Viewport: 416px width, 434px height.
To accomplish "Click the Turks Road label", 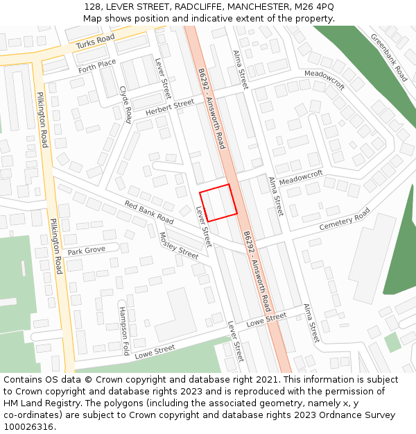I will coord(95,42).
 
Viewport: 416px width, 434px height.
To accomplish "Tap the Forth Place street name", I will coord(97,66).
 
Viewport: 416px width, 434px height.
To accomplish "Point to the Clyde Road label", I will coord(125,104).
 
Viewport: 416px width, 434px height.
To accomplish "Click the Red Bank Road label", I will coord(149,212).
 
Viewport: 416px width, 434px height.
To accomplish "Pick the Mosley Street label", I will coord(178,244).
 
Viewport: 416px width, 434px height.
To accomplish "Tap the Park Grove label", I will coord(86,250).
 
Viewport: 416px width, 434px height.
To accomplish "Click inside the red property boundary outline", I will coord(218,202).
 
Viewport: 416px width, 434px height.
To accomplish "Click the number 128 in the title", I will coord(93,7).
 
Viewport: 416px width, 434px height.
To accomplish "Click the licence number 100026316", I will coord(28,427).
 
